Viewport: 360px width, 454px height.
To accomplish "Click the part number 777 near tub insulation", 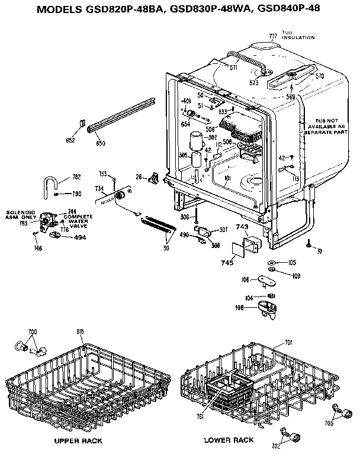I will point(273,36).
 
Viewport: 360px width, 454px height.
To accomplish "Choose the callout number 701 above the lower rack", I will point(288,342).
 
